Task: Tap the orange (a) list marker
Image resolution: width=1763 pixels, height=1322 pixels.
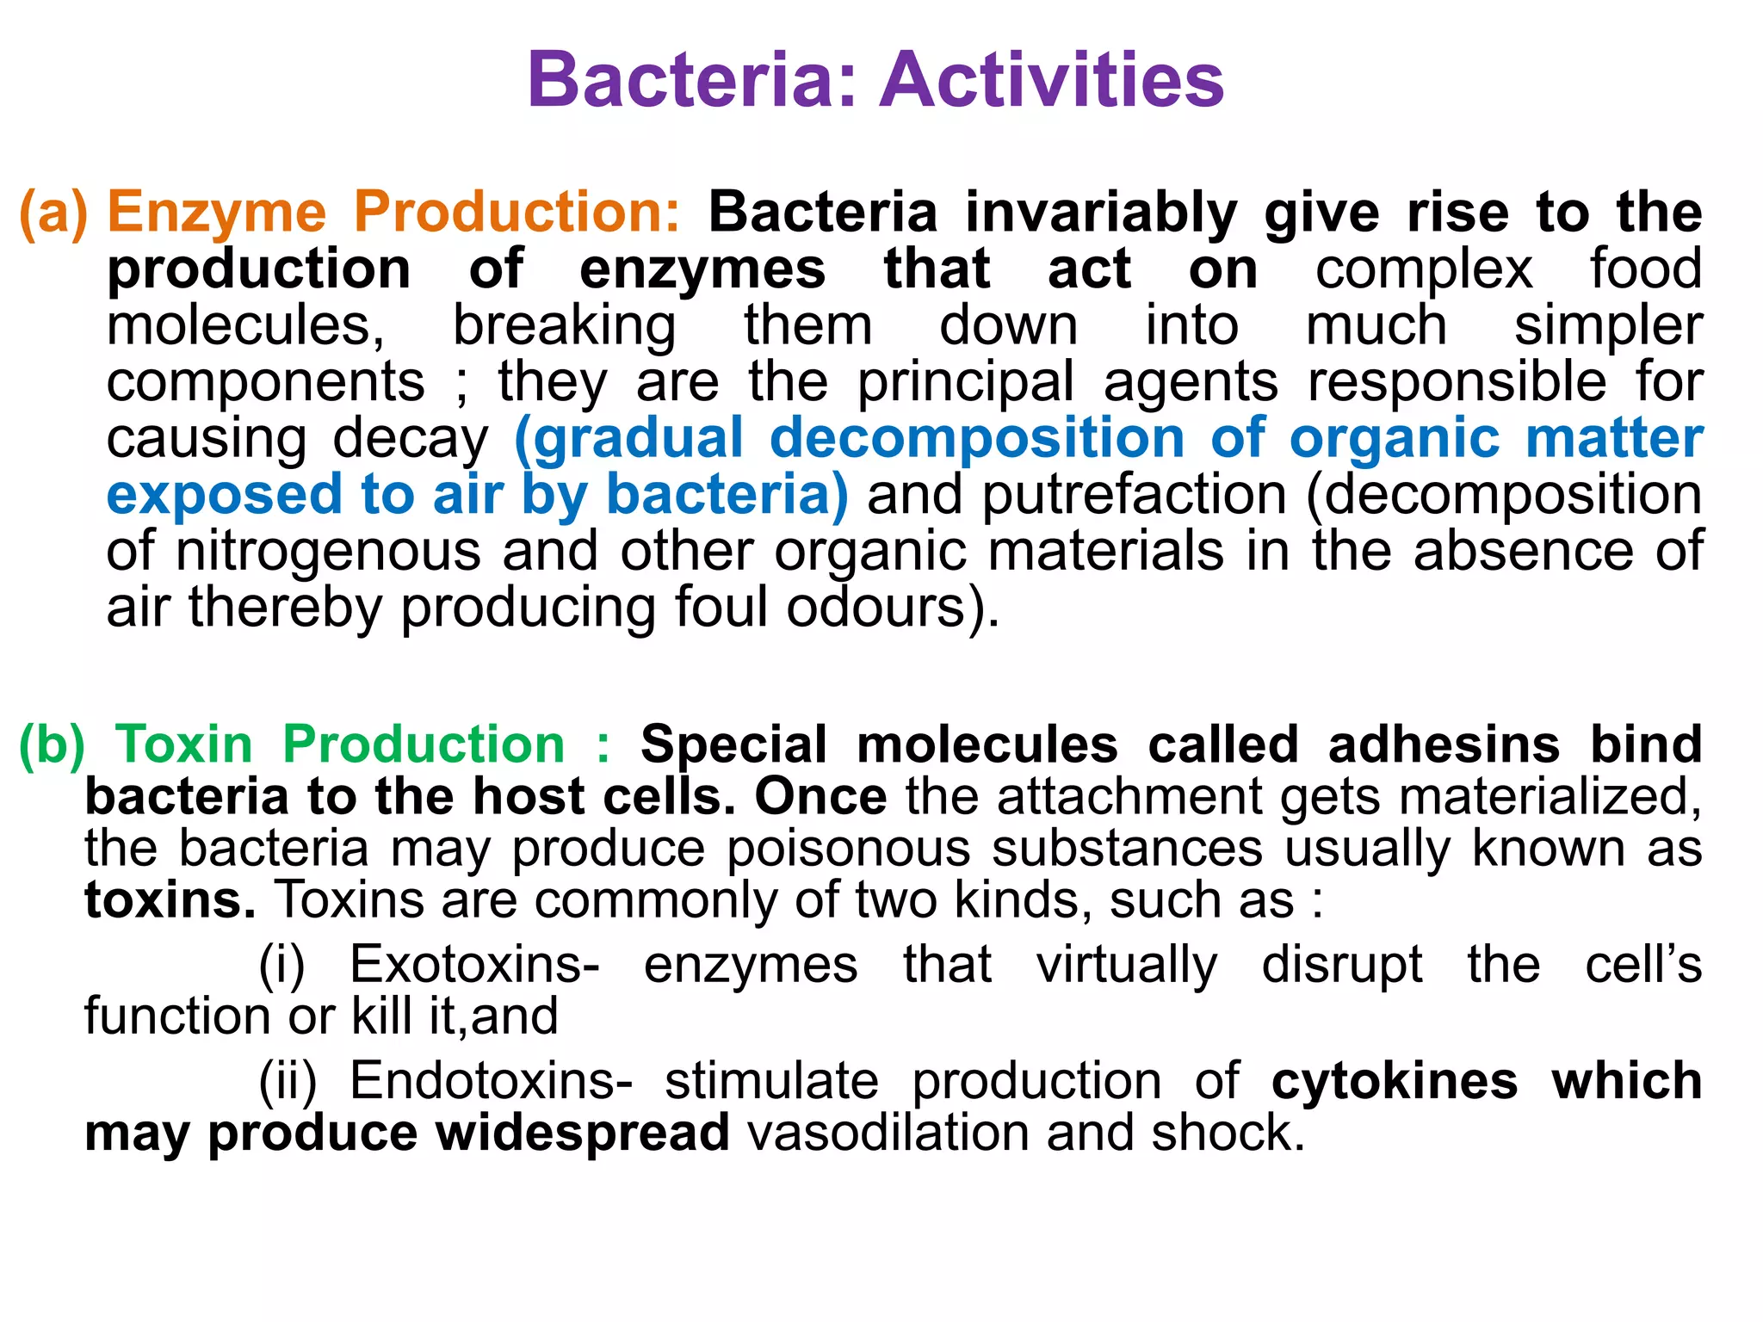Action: (53, 213)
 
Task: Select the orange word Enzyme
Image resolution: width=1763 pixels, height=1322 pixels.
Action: (217, 213)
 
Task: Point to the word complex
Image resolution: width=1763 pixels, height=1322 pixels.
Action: (1424, 269)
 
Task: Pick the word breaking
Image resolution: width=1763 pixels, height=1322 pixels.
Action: (565, 327)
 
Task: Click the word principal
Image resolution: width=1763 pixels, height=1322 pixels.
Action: (966, 383)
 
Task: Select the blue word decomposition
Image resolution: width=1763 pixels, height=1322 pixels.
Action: (977, 438)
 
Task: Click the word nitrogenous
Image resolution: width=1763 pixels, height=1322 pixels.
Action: (328, 552)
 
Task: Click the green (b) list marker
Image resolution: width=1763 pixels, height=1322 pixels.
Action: (52, 744)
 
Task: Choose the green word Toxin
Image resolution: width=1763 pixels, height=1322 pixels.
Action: (184, 744)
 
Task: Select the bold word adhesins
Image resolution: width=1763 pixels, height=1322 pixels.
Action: (1444, 744)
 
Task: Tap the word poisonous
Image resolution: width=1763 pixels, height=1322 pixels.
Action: (848, 849)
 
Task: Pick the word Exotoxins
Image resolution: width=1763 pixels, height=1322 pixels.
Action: (474, 964)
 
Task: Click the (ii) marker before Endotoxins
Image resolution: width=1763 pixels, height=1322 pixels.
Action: (288, 1081)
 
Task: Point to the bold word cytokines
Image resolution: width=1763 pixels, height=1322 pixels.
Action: (1395, 1081)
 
